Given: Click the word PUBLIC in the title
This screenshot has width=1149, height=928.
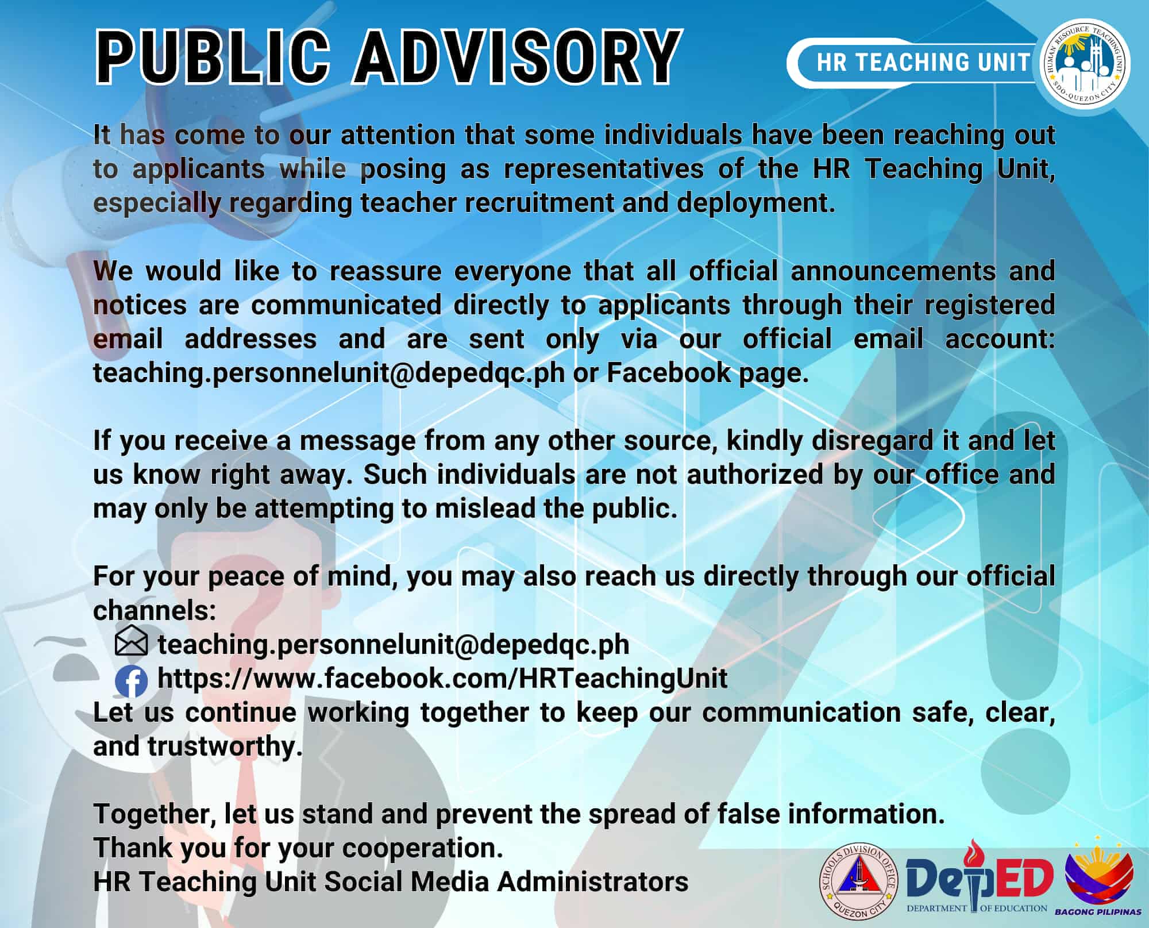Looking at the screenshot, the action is [x=213, y=57].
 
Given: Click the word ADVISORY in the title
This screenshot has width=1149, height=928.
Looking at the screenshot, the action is [x=518, y=57].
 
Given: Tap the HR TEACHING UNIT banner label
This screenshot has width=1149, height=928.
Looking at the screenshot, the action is [x=923, y=63].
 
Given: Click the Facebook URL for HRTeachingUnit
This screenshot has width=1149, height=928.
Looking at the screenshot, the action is [x=442, y=679].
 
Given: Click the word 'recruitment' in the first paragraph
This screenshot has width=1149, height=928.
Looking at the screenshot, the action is [x=539, y=203].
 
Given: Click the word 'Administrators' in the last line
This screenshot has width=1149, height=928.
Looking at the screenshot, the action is [x=592, y=881].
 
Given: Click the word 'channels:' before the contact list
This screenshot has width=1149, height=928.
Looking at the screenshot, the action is [x=155, y=610].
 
